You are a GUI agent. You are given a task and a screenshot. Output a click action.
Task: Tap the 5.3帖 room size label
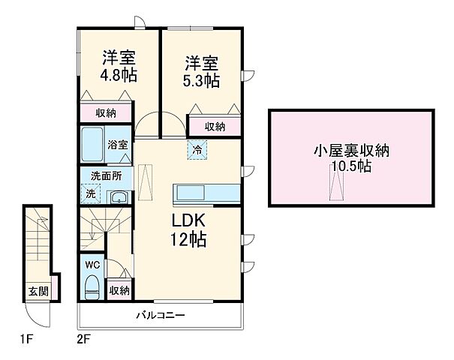pyautogui.click(x=199, y=80)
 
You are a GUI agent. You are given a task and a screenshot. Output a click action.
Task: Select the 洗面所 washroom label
pyautogui.click(x=105, y=176)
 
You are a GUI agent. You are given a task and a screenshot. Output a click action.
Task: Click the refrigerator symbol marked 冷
pyautogui.click(x=198, y=148)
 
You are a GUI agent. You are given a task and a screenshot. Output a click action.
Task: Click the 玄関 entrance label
pyautogui.click(x=39, y=290)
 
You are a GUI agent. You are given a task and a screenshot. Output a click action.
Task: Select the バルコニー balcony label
pyautogui.click(x=161, y=314)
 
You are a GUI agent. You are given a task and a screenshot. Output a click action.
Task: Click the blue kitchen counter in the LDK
pyautogui.click(x=206, y=193)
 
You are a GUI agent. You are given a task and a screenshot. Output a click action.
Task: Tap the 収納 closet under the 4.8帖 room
pyautogui.click(x=106, y=113)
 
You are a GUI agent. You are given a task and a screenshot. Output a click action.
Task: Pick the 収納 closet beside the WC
pyautogui.click(x=119, y=290)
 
